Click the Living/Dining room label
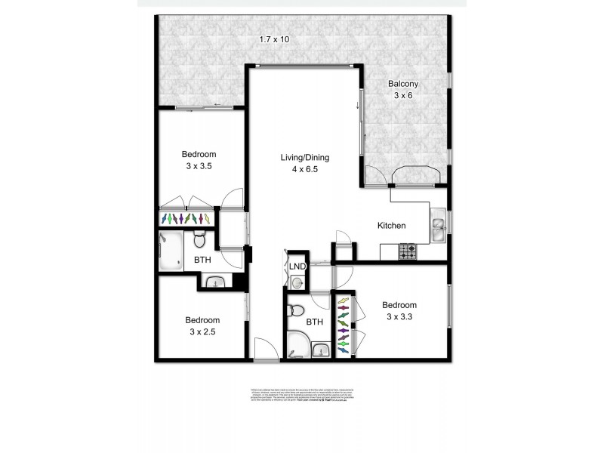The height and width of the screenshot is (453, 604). click(x=305, y=158)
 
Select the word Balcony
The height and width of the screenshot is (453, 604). click(x=404, y=84)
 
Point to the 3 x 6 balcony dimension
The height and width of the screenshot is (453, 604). click(x=404, y=96)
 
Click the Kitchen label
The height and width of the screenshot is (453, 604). click(x=392, y=225)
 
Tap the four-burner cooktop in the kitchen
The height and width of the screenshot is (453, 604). click(x=408, y=251)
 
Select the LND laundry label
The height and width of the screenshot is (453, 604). click(x=296, y=267)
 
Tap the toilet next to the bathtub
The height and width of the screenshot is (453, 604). click(x=200, y=241)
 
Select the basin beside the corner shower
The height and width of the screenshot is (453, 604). click(x=321, y=350)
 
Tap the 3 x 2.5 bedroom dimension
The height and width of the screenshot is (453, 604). click(x=202, y=331)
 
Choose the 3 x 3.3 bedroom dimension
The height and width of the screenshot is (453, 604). click(x=399, y=317)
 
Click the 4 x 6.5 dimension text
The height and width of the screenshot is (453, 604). click(x=305, y=170)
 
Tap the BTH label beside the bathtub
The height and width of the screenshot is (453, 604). click(x=203, y=260)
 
